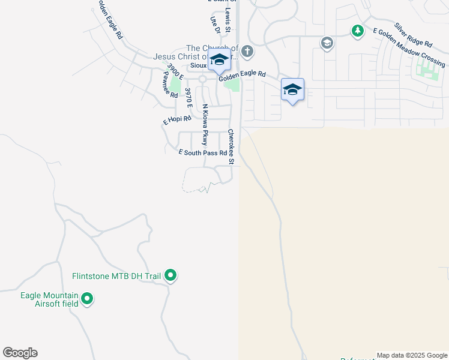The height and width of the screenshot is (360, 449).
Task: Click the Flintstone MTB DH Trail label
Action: coord(116,276)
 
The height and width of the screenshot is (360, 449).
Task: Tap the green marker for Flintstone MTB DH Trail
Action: coord(171,275)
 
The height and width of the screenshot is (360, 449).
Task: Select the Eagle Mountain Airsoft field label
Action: coord(49,299)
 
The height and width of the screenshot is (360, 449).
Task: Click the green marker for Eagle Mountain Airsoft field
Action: coord(87,298)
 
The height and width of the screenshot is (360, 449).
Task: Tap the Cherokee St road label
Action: coord(231,146)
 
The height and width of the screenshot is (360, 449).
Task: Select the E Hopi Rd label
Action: coord(177,120)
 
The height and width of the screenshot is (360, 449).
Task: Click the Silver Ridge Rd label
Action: coord(413,35)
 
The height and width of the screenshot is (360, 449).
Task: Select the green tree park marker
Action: coord(358,30)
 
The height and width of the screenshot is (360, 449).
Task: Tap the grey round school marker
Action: coord(327,43)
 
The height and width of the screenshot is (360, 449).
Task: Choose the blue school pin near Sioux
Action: coord(219,60)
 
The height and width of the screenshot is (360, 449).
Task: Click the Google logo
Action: coord(20,353)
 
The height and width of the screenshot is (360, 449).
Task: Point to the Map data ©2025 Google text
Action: coord(412,355)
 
